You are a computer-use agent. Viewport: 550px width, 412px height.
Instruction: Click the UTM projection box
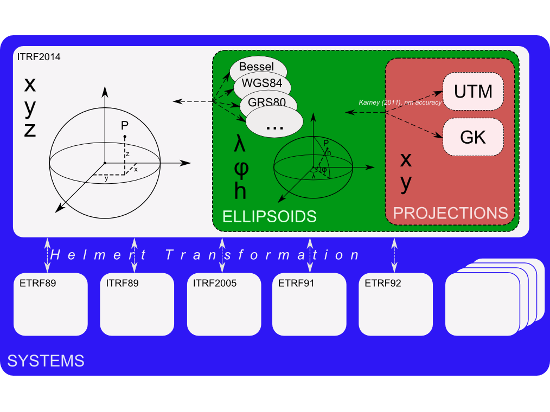coord(474,91)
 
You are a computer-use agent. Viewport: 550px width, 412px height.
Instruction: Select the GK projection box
coord(473,137)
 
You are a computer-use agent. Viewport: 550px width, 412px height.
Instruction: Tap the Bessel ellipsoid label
coord(257,67)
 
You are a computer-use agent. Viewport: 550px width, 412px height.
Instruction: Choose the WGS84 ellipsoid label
coord(261,83)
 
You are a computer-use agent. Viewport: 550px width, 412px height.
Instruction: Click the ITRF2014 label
coord(39,56)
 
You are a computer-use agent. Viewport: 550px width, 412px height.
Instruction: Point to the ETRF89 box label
coord(37,283)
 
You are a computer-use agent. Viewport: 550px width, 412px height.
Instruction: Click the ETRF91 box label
coord(296,283)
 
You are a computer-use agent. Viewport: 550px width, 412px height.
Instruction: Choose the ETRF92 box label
coord(383,283)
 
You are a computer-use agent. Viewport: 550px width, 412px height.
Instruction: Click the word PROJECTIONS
coord(450,213)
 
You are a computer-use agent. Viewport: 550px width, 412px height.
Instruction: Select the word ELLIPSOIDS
coord(270,216)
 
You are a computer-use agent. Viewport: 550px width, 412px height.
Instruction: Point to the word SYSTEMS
coord(46,360)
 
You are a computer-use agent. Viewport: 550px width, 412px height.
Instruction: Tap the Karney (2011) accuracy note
coord(400,102)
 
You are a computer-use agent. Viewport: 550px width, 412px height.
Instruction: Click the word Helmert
coord(98,255)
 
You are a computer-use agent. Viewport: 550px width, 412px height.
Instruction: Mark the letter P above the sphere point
coord(124,126)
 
